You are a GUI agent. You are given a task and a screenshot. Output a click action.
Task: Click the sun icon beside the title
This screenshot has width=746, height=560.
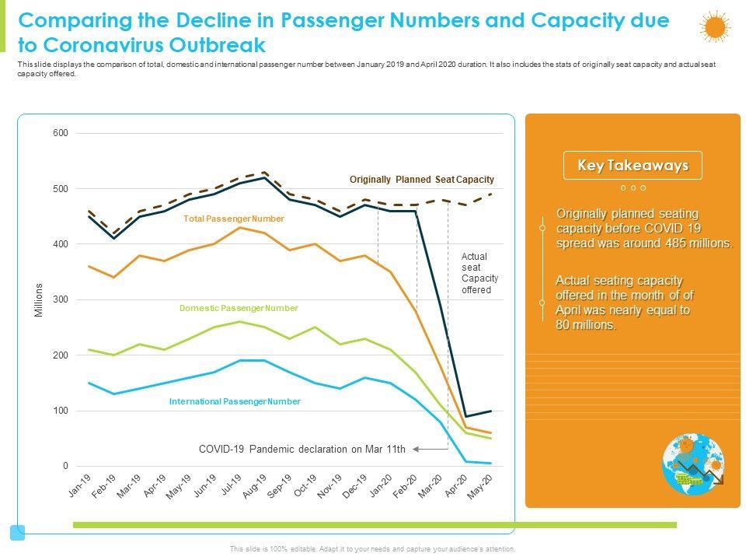click(714, 27)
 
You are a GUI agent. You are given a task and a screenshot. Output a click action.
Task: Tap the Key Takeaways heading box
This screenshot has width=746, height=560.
click(633, 166)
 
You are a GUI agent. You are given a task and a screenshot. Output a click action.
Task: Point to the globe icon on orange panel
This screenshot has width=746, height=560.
click(693, 465)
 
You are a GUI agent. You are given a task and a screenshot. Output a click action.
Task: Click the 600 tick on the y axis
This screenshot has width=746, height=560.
click(61, 133)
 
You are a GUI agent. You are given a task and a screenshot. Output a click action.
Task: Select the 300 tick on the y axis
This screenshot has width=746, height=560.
click(61, 299)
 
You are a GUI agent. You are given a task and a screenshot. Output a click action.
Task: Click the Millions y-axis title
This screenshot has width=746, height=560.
click(39, 299)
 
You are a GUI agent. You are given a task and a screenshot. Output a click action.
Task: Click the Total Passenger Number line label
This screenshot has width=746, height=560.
click(233, 219)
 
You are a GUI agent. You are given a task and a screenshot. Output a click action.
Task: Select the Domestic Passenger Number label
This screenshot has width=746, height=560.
click(239, 308)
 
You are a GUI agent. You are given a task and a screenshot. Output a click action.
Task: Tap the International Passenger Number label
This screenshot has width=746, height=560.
click(235, 401)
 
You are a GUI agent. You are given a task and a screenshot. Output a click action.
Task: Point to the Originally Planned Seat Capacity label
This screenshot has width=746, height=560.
click(421, 180)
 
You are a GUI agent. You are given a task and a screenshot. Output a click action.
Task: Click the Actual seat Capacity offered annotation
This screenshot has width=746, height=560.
click(479, 273)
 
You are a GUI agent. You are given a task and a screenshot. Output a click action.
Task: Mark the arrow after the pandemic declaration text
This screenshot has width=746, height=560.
click(417, 449)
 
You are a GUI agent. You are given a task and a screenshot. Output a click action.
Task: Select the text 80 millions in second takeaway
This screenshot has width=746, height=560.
click(587, 326)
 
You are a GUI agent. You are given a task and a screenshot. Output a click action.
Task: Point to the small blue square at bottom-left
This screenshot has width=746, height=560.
click(17, 533)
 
